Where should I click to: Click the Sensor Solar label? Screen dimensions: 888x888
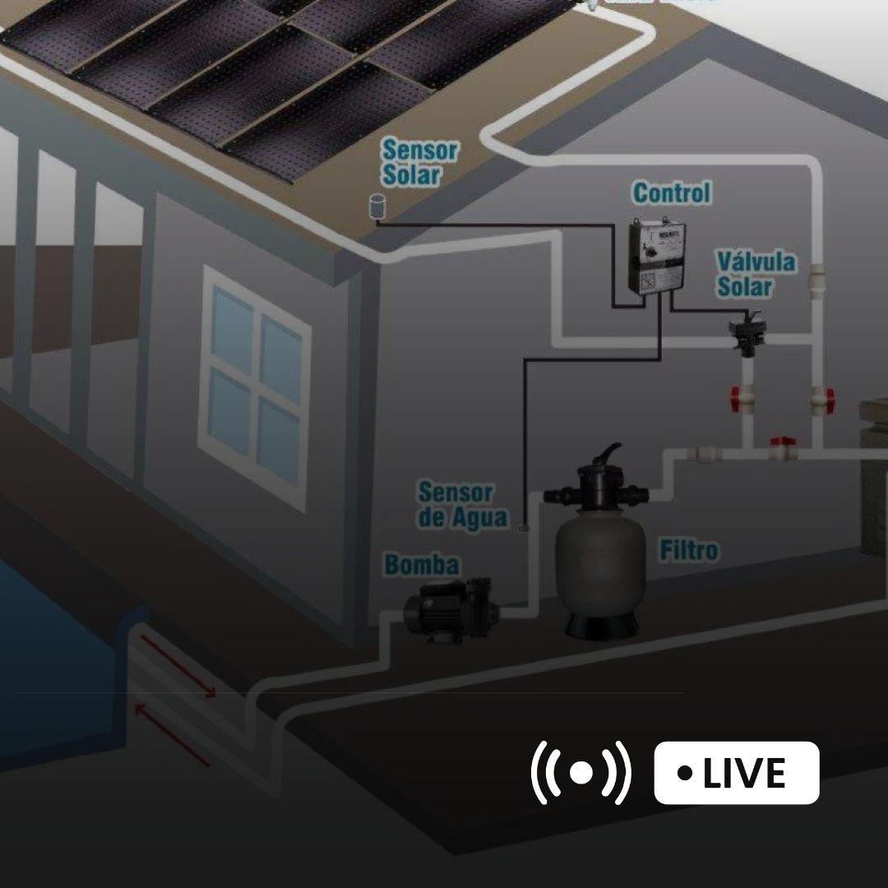pos(420,163)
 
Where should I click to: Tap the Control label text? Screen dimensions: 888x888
pos(671,193)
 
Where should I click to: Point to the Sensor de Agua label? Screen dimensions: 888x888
pos(463,506)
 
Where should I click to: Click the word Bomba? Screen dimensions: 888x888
pos(423,565)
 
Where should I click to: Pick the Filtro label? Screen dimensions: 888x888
pos(688,550)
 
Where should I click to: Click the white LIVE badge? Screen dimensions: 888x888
pos(737,773)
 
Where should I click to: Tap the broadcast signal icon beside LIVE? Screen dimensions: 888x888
pos(581,773)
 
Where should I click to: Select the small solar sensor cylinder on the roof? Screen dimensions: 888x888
pos(377,206)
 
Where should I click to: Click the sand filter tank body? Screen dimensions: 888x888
pos(598,562)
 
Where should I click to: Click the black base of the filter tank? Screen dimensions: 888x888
pos(598,622)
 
